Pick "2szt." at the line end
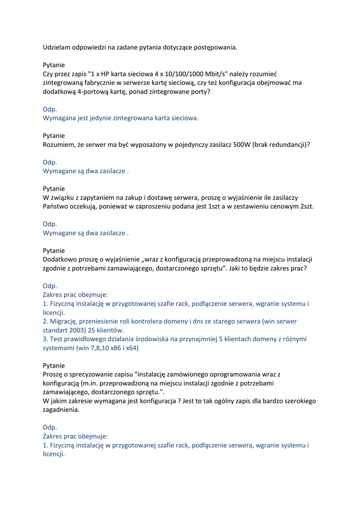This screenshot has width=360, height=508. pos(304,206)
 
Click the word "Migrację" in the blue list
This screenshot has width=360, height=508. pos(64,321)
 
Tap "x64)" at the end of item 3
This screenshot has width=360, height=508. pos(131,348)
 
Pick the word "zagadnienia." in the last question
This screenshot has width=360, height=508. pos(61,410)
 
